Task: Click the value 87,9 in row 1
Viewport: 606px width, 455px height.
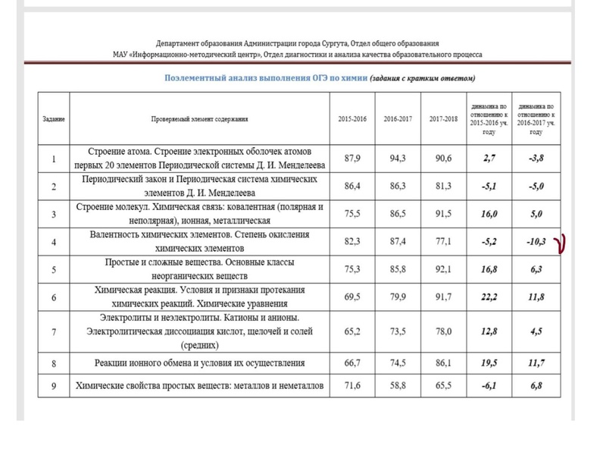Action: pos(351,158)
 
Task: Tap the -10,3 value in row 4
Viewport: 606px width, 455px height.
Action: pos(536,243)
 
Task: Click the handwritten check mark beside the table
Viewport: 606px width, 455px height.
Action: pos(563,243)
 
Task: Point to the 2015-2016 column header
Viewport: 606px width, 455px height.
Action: pos(351,120)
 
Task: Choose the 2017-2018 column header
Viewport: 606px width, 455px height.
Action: pos(443,120)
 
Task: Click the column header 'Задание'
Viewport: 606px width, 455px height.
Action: pos(53,120)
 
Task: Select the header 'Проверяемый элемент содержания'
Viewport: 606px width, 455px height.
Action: pos(200,120)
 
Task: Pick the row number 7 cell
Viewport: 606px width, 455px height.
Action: pos(53,331)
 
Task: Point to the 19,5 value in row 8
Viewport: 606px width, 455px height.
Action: pos(489,363)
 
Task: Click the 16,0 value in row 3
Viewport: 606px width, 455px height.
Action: pos(489,215)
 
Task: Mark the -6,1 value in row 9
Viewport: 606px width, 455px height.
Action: pos(489,387)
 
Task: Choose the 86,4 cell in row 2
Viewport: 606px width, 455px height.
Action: pos(351,187)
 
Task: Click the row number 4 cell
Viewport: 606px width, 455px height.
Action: pos(53,243)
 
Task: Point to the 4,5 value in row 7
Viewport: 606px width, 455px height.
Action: pos(536,331)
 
